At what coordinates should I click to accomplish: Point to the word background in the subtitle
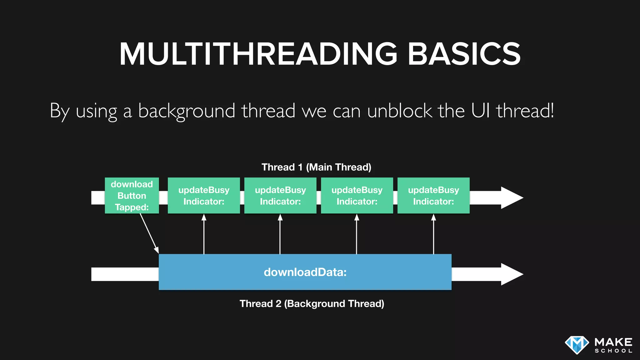187,111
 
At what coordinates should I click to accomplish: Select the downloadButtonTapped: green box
132,196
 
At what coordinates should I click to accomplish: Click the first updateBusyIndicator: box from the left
204,196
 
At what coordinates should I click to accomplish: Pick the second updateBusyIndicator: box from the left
280,196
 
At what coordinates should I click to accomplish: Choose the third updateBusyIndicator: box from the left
357,196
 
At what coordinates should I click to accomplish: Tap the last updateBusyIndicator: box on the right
433,196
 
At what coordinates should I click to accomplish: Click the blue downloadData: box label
305,272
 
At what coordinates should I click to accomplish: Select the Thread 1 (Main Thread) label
316,167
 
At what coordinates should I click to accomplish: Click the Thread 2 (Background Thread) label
312,304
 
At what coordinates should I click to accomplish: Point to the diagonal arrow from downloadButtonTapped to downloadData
149,233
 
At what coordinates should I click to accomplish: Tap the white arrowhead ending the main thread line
511,198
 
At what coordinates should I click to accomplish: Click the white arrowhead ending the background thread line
511,274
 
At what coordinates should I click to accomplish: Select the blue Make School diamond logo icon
577,345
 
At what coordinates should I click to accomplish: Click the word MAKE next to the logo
613,342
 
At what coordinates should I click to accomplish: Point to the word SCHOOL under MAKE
613,351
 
